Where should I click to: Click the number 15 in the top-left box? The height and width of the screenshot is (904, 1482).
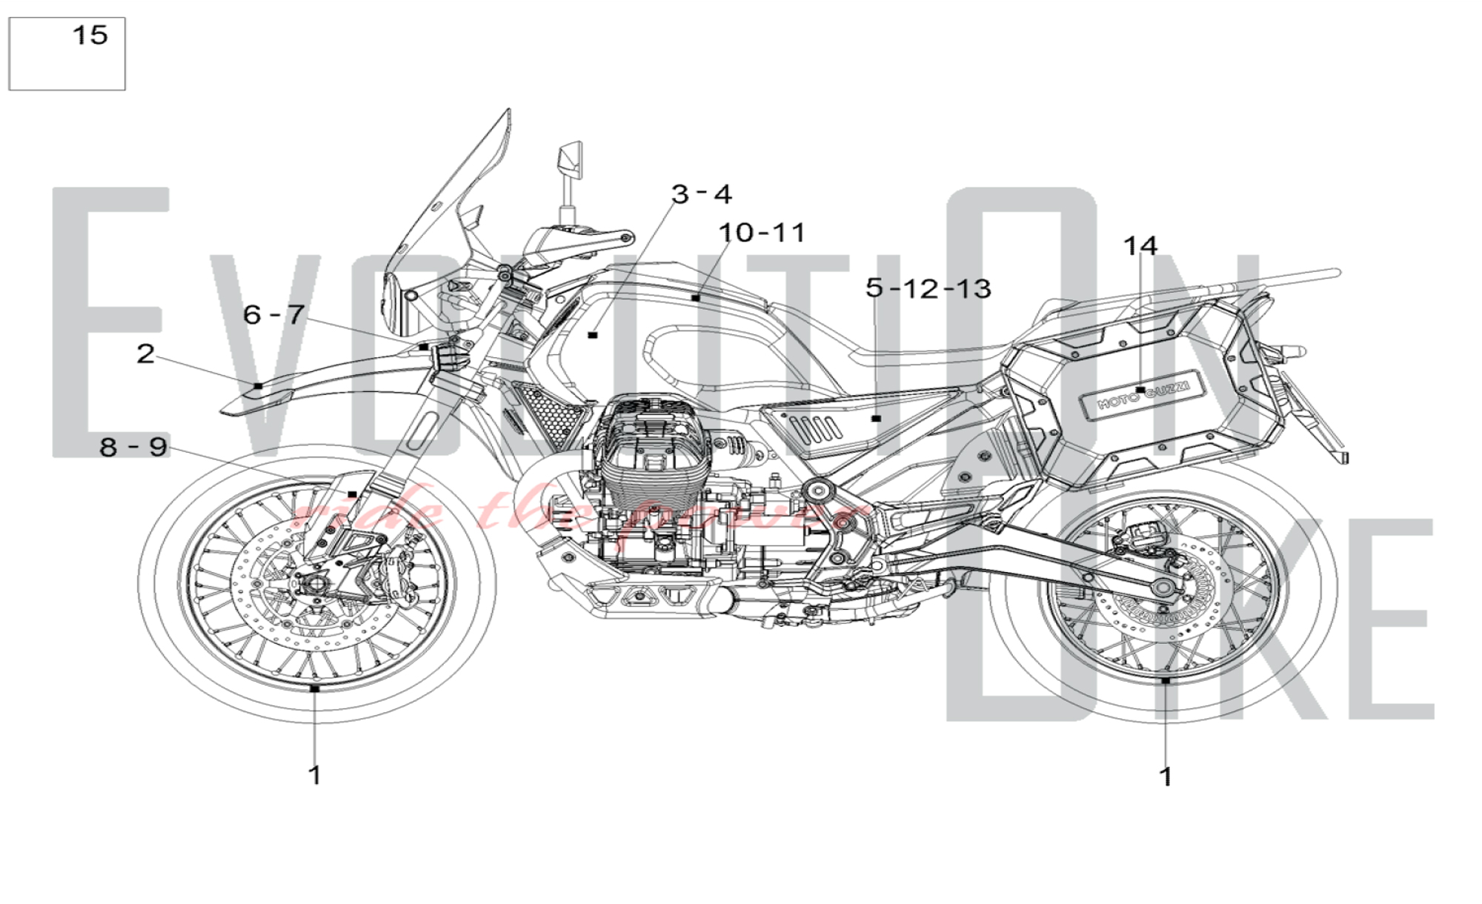(90, 35)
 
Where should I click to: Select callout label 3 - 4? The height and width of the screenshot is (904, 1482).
(701, 194)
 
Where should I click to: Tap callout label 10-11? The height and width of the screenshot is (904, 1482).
(762, 233)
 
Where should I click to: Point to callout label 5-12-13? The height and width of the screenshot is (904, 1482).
(928, 288)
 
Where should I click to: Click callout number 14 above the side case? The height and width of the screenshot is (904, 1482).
(1140, 245)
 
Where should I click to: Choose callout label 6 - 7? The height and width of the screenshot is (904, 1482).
(274, 314)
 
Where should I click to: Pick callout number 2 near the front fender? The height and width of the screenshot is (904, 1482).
(146, 353)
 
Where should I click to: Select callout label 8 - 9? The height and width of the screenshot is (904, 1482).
(133, 447)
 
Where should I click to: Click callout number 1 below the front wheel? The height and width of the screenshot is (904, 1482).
(315, 775)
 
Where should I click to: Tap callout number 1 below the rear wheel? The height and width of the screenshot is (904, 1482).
(1166, 777)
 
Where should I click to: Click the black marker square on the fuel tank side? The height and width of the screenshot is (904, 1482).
(592, 336)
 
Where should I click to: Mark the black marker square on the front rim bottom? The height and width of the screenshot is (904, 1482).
(315, 688)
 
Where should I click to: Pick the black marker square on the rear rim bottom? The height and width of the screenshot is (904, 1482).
(1166, 679)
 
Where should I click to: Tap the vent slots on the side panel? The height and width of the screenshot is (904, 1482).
(815, 429)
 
